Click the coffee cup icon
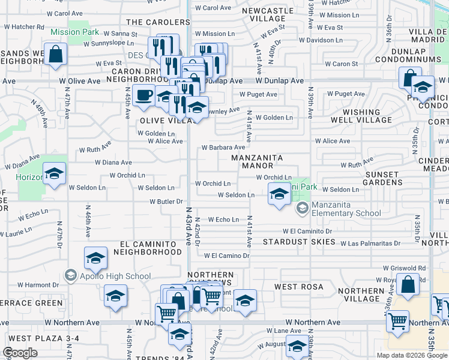[143, 95]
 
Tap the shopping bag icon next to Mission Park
[55, 54]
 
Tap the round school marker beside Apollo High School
[70, 275]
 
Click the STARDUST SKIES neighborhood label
[299, 242]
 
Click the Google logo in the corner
[20, 353]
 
